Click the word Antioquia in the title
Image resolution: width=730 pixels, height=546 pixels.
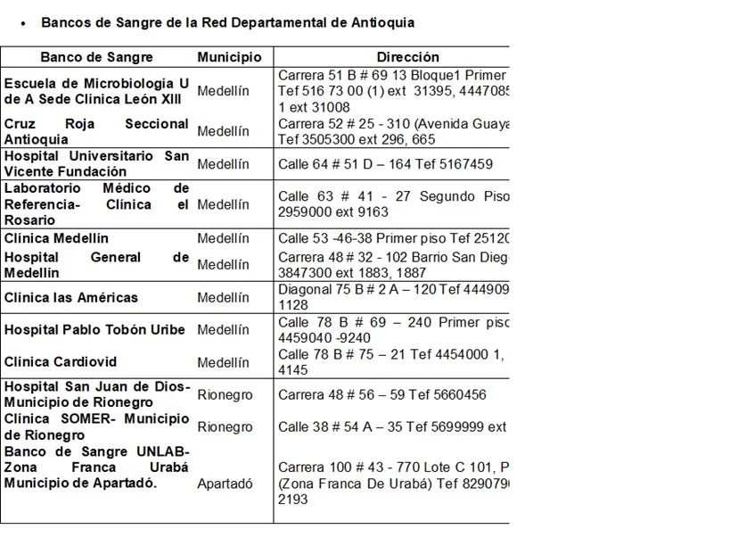[x=381, y=22]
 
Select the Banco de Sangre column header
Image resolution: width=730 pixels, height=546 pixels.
[x=96, y=57]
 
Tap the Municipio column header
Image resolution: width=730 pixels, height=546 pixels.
[x=229, y=57]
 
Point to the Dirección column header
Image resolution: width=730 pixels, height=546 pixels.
[x=407, y=57]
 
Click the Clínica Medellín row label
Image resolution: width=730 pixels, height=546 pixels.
[x=56, y=238]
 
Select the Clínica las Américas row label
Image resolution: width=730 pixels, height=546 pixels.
[x=71, y=297]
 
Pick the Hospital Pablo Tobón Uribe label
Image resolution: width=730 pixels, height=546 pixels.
[x=94, y=329]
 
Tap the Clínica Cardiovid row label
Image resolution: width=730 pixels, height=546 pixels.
[x=61, y=362]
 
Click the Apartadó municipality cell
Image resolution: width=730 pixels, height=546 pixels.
[x=225, y=484]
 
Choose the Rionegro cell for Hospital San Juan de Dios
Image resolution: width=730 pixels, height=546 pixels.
[x=225, y=394]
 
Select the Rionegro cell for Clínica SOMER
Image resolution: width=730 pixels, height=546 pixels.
[x=225, y=426]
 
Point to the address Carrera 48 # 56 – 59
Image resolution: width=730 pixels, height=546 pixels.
[x=345, y=394]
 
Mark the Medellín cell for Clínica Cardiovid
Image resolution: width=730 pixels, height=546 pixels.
[x=223, y=362]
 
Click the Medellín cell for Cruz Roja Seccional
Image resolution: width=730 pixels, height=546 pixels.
[x=223, y=131]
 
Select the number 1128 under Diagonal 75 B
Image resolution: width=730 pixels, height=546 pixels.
[x=292, y=305]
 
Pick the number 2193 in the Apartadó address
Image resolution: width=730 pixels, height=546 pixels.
[x=292, y=500]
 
